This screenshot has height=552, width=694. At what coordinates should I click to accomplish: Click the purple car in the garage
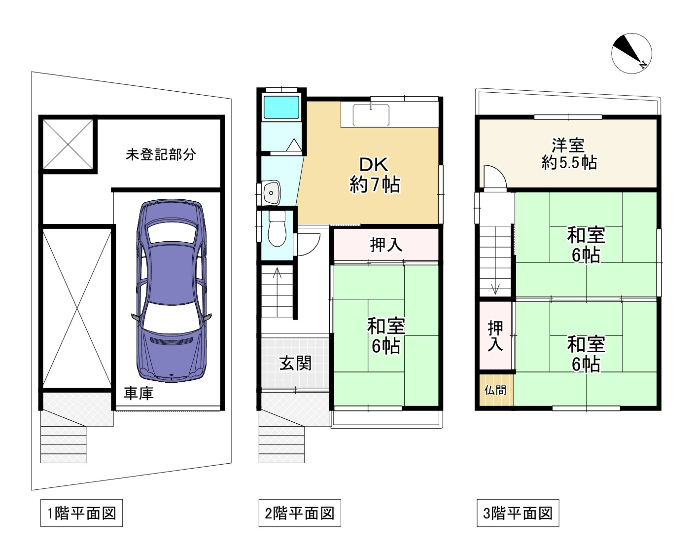click(x=172, y=291)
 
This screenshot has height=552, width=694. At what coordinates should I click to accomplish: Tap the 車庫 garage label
click(x=139, y=393)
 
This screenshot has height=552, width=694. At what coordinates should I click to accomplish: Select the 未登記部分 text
click(x=161, y=154)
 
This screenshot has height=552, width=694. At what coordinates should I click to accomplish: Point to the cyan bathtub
click(x=281, y=107)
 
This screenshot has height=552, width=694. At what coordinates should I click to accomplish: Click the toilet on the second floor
click(x=278, y=229)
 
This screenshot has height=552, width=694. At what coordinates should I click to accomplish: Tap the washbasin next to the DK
click(x=271, y=193)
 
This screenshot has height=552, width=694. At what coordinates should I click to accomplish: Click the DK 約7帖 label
click(x=375, y=175)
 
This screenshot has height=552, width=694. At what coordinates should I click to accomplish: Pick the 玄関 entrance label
click(x=295, y=364)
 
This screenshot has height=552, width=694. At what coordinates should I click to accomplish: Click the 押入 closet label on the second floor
click(x=386, y=244)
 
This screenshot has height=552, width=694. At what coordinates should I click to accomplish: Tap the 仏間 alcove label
click(x=495, y=390)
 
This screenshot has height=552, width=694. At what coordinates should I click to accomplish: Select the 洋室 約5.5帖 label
click(x=568, y=153)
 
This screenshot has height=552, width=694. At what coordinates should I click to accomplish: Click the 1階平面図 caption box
click(x=81, y=513)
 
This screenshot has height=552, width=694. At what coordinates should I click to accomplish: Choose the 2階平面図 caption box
click(x=300, y=513)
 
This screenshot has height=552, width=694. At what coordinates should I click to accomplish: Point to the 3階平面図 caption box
click(x=518, y=513)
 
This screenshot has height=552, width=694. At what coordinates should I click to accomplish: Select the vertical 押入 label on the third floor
click(x=495, y=336)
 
